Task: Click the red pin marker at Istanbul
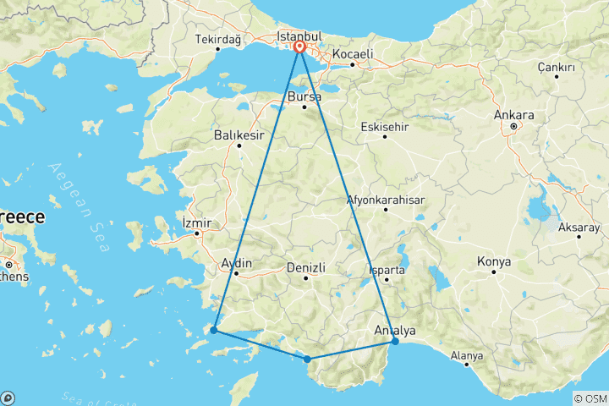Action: pyautogui.click(x=300, y=48)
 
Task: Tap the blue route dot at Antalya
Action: pyautogui.click(x=395, y=341)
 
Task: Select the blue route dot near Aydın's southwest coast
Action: pyautogui.click(x=214, y=330)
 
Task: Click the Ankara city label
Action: pyautogui.click(x=516, y=115)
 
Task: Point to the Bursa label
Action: pyautogui.click(x=304, y=98)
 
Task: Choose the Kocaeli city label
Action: pyautogui.click(x=353, y=53)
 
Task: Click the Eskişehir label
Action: pyautogui.click(x=384, y=126)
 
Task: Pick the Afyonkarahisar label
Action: pyautogui.click(x=386, y=200)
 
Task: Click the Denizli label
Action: pyautogui.click(x=306, y=267)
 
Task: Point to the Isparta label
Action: pyautogui.click(x=388, y=271)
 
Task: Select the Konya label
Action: pyautogui.click(x=494, y=261)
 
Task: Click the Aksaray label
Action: pyautogui.click(x=579, y=228)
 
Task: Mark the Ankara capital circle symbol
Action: pyautogui.click(x=513, y=127)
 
